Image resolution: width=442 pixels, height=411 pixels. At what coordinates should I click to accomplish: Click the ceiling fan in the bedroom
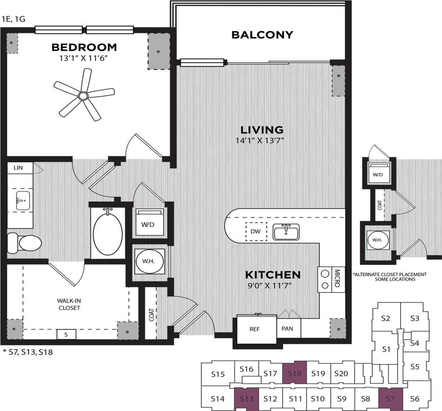(83, 95)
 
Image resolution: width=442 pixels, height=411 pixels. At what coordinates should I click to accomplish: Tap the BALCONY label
(262, 35)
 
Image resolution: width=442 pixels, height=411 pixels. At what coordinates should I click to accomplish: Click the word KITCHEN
(272, 275)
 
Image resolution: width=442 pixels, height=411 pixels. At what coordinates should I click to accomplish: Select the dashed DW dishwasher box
(256, 231)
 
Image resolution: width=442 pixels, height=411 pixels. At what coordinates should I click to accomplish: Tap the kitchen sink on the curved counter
(286, 232)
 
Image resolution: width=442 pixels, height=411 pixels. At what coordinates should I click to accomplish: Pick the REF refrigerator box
(255, 329)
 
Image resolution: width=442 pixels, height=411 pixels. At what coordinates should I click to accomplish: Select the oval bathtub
(107, 232)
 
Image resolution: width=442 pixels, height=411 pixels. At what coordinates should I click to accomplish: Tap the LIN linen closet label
(18, 168)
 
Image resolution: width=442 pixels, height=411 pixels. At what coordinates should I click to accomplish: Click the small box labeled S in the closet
(66, 335)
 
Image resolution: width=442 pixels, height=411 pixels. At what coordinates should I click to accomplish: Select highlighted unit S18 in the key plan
(294, 373)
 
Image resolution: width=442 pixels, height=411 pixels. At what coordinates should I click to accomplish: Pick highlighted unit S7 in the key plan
(390, 398)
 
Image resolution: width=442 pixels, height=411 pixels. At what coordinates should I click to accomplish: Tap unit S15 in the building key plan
(217, 374)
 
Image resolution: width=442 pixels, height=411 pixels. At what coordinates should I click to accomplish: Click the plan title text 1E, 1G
(13, 19)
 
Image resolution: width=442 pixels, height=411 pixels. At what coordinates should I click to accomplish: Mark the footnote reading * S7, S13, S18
(28, 352)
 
